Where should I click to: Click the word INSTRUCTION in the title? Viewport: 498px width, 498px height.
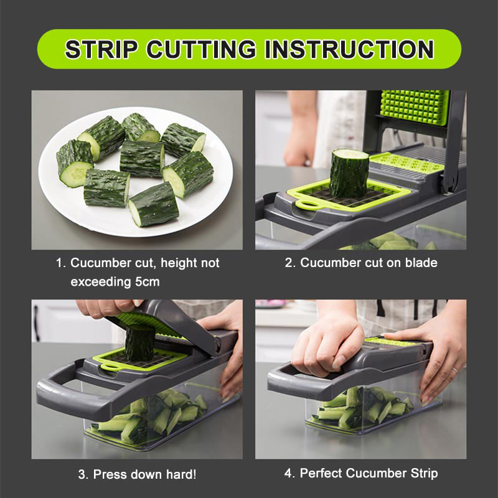tap(349, 49)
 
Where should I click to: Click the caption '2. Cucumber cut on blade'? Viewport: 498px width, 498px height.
tap(361, 263)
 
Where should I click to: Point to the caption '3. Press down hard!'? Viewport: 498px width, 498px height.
tap(137, 474)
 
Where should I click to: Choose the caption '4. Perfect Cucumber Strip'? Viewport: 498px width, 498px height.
tap(361, 473)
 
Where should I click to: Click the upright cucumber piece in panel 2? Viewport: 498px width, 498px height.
tap(349, 172)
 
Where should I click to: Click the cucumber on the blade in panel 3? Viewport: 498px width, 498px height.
tap(139, 342)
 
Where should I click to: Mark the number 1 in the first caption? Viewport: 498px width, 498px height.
tap(61, 263)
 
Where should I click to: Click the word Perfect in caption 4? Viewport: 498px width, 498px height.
tap(322, 473)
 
